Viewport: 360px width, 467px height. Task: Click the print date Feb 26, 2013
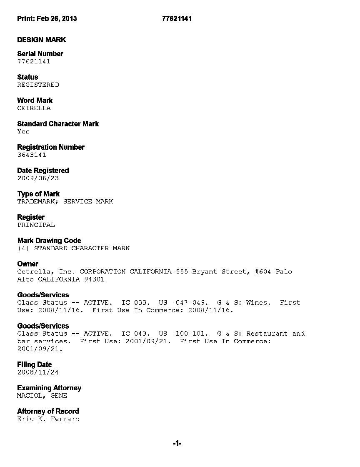(x=57, y=18)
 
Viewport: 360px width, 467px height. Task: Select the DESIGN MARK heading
(x=41, y=40)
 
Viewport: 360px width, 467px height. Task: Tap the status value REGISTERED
(x=38, y=85)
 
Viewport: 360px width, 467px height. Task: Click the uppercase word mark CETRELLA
(x=34, y=108)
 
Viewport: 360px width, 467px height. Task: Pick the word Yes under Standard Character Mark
(x=23, y=131)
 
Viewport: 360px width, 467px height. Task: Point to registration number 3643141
(x=32, y=155)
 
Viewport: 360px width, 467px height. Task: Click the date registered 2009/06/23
(x=38, y=178)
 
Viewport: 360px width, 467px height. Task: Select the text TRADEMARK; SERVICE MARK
(x=65, y=201)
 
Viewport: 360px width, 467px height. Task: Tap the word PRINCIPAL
(x=36, y=225)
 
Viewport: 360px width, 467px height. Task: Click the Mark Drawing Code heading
(x=49, y=241)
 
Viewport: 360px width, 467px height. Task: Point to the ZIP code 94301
(x=94, y=279)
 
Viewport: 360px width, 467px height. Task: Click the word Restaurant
(x=267, y=334)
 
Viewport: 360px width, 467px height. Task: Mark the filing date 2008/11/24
(x=38, y=372)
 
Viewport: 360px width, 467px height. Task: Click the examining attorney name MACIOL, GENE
(x=42, y=395)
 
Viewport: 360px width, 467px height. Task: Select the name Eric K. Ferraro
(x=48, y=419)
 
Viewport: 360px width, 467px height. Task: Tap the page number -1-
(x=177, y=444)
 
